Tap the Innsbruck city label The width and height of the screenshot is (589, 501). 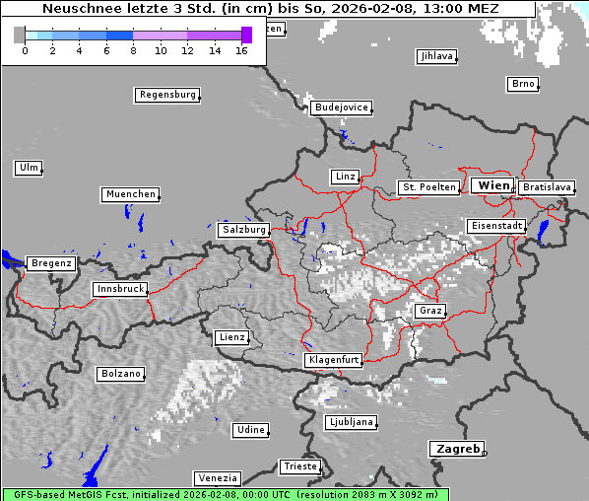(x=120, y=290)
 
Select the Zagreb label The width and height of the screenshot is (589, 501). (x=456, y=449)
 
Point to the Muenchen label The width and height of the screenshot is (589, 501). (x=130, y=195)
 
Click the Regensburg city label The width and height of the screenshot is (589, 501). (x=166, y=96)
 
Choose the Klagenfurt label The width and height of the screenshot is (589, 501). (x=334, y=361)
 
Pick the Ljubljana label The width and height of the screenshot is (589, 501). (x=351, y=423)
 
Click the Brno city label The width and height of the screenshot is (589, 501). (x=523, y=84)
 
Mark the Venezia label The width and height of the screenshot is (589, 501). (x=216, y=478)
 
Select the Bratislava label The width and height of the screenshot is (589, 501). (x=547, y=186)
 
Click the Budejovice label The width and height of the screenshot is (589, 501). (x=341, y=107)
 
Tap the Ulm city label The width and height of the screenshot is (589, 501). (x=29, y=168)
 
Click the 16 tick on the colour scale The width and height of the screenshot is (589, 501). (x=241, y=50)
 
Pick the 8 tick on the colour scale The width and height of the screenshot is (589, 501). (x=133, y=50)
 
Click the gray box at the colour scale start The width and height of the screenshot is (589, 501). (x=20, y=36)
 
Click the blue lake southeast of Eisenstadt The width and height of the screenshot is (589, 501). (x=543, y=232)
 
